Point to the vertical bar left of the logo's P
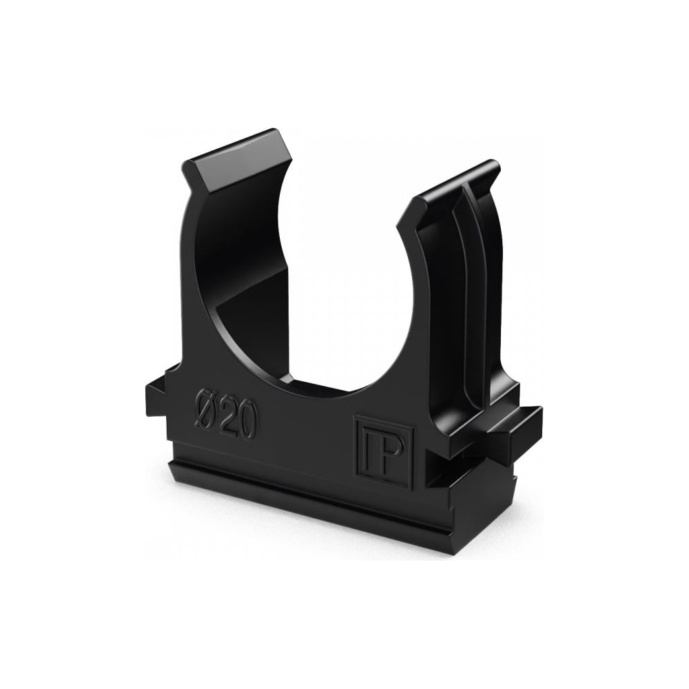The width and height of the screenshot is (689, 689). [368, 449]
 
